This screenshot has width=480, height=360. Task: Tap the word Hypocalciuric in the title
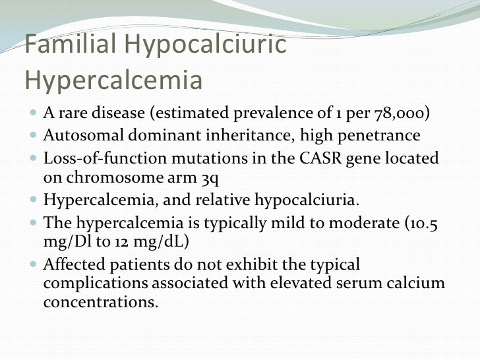pyautogui.click(x=206, y=45)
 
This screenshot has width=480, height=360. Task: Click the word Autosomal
pyautogui.click(x=80, y=136)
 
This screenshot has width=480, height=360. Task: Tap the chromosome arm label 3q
pyautogui.click(x=213, y=177)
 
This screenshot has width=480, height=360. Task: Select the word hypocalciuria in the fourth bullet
pyautogui.click(x=305, y=199)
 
